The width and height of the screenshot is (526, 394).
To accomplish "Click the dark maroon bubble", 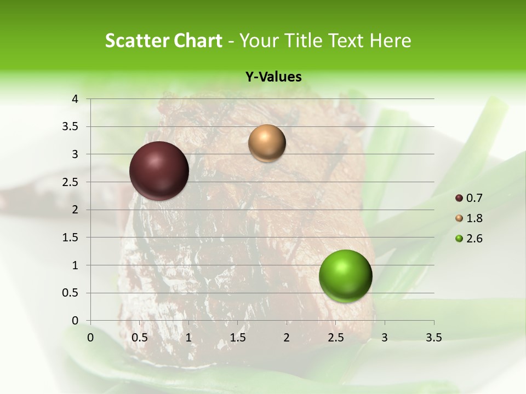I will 159,171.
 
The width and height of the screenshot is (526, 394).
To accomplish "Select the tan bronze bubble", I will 267,143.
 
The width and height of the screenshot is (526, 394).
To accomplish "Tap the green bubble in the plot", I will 345,276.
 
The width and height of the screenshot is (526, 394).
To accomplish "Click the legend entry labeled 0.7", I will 470,198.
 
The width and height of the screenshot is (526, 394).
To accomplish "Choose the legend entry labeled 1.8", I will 470,218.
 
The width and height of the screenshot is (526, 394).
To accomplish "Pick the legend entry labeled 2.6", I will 470,239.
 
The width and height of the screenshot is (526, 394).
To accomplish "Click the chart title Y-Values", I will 273,77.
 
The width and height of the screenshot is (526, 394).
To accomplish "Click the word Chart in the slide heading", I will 199,40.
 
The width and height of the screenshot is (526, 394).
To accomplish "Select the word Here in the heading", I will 390,40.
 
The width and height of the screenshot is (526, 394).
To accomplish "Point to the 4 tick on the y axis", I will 75,99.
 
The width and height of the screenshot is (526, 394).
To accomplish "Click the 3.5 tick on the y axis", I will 71,127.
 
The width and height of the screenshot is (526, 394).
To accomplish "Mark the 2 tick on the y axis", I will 75,210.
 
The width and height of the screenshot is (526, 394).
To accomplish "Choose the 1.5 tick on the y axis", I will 71,237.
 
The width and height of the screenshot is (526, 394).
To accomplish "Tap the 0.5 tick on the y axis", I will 71,293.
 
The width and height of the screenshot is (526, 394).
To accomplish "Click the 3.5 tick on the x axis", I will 433,338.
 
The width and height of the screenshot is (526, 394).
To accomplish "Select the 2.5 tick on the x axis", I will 335,338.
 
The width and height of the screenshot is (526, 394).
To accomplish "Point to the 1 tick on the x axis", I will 188,338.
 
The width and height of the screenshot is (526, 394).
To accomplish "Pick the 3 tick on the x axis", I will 385,338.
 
